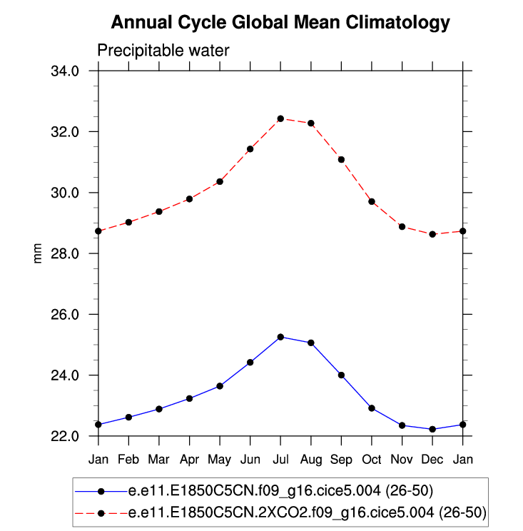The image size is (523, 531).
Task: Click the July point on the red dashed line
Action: (280, 118)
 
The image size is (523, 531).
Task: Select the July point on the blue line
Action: (280, 337)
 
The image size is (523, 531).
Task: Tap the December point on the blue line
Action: (432, 429)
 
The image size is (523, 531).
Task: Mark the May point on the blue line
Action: (220, 386)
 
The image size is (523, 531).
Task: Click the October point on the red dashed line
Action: (372, 201)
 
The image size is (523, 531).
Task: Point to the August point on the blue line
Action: (311, 343)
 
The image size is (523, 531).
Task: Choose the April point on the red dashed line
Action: (189, 199)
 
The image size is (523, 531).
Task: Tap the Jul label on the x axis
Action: (280, 458)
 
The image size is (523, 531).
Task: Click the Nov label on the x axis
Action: (402, 458)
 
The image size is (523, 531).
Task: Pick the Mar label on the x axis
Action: (158, 458)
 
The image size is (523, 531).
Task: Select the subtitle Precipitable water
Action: (163, 50)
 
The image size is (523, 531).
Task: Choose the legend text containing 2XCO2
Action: (307, 512)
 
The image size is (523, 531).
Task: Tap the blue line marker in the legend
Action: (101, 491)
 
